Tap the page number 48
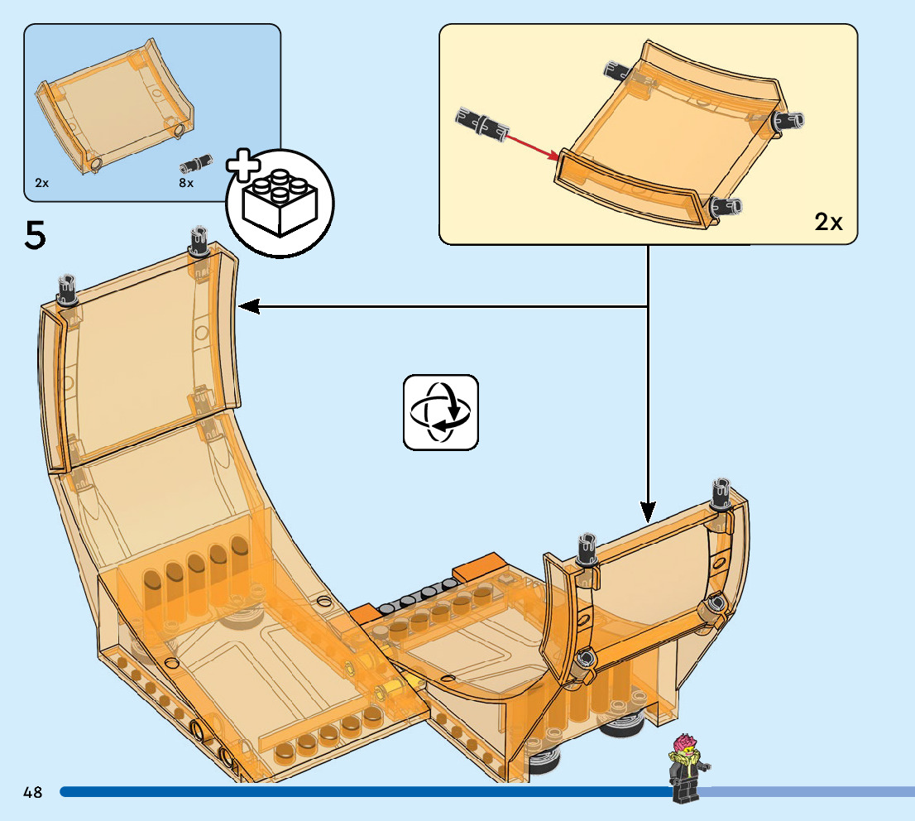pyautogui.click(x=33, y=792)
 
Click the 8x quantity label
pyautogui.click(x=186, y=182)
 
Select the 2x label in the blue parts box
pyautogui.click(x=42, y=182)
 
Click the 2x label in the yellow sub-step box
pyautogui.click(x=828, y=222)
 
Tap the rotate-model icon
pyautogui.click(x=441, y=412)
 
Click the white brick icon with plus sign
pyautogui.click(x=280, y=200)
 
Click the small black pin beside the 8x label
pyautogui.click(x=199, y=161)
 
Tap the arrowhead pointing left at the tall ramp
pyautogui.click(x=248, y=307)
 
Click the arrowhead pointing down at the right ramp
pyautogui.click(x=647, y=510)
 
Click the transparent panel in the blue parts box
pyautogui.click(x=116, y=108)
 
